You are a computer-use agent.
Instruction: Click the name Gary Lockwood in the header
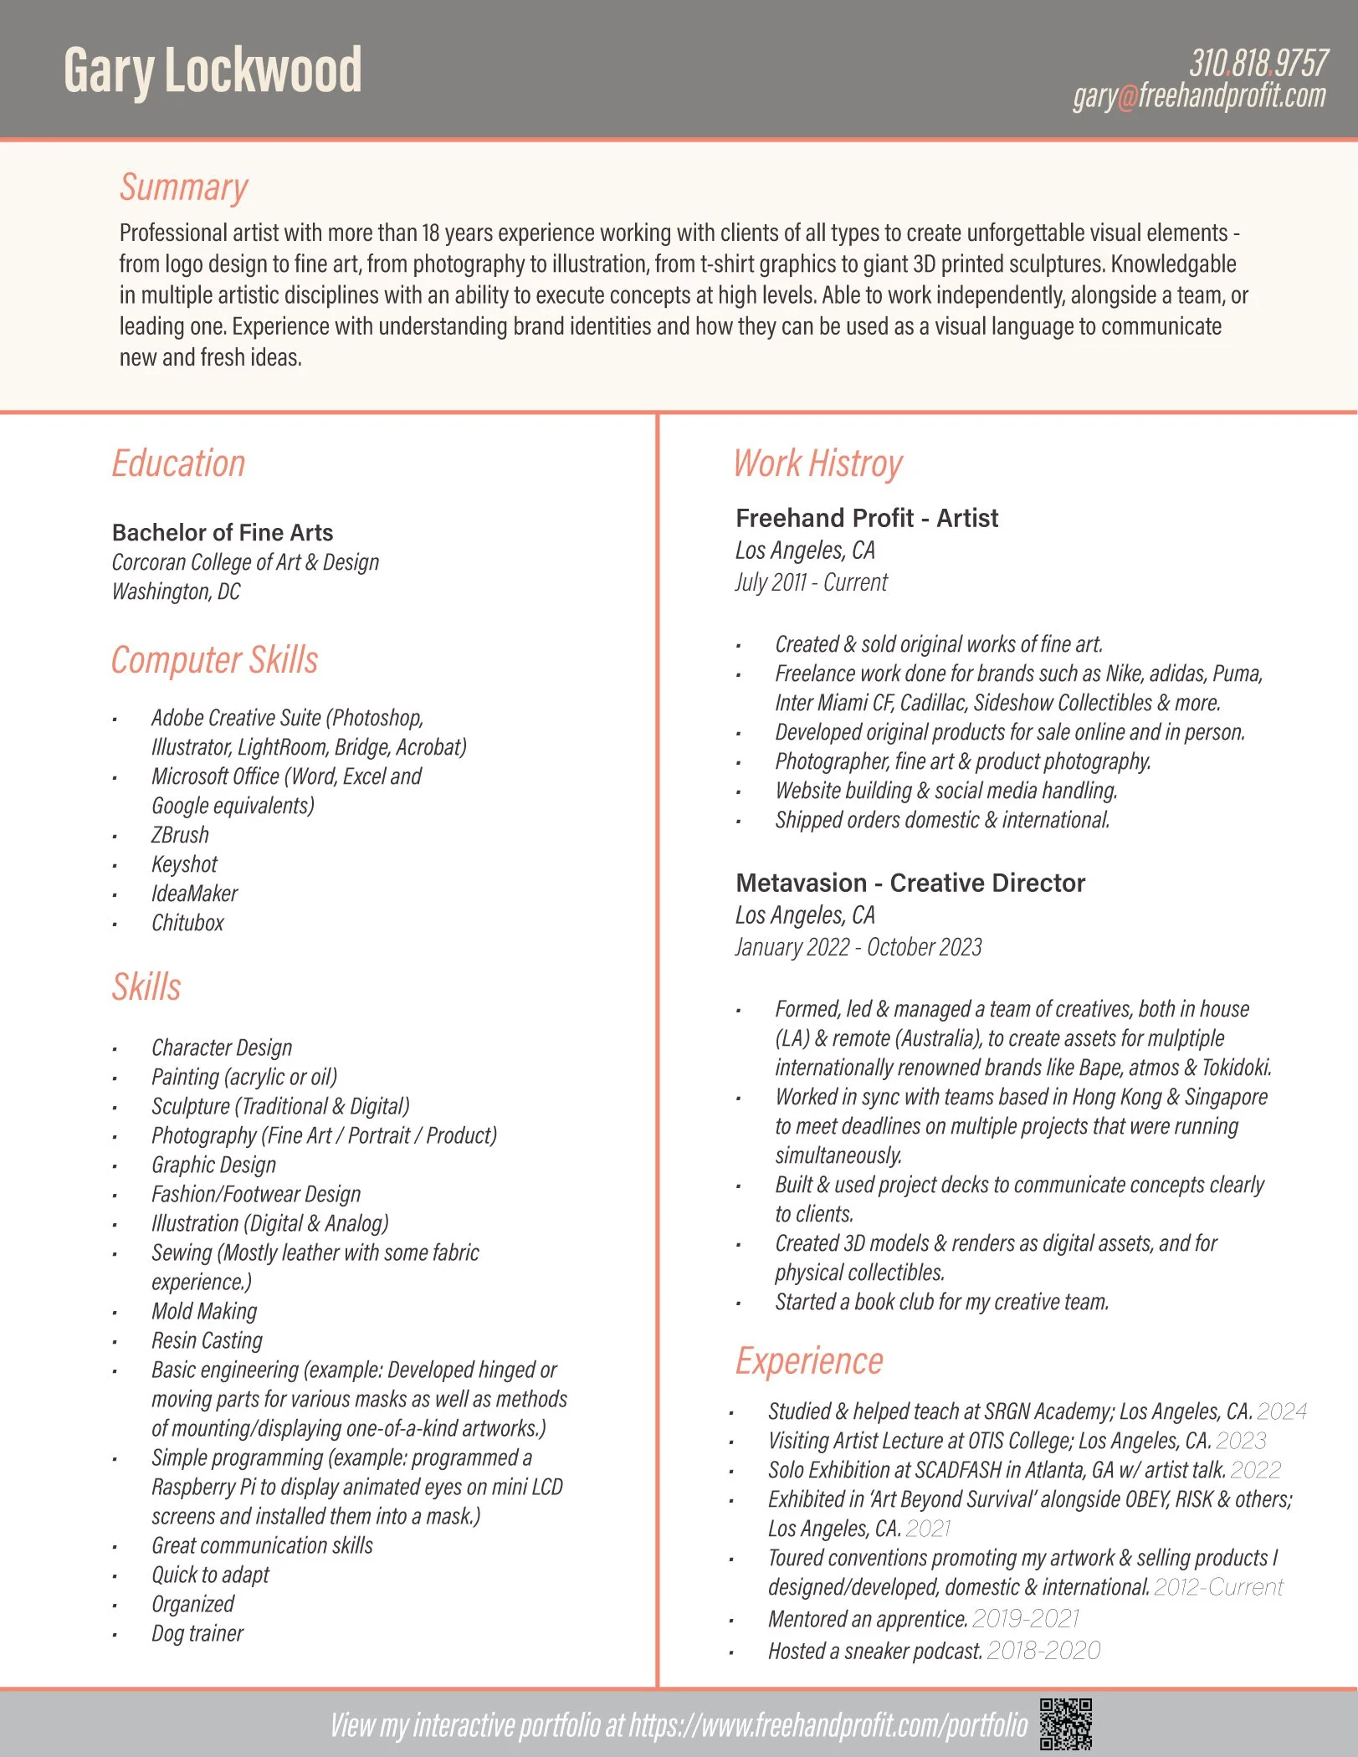(x=213, y=70)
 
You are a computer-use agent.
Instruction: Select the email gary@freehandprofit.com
(x=1199, y=96)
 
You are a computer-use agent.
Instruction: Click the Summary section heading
(x=184, y=187)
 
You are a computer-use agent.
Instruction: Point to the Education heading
(x=178, y=464)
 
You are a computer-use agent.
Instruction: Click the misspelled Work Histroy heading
(x=817, y=464)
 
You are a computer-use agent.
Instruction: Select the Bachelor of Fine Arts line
(x=223, y=532)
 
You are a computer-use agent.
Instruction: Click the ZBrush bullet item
(x=180, y=835)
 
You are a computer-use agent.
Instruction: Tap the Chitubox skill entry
(x=187, y=923)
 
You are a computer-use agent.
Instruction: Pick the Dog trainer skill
(x=197, y=1633)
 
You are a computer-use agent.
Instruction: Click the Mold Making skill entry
(x=204, y=1311)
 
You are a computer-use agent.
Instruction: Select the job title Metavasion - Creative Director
(x=910, y=883)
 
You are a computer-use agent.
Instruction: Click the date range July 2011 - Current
(x=811, y=582)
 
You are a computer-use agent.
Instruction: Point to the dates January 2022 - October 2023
(x=858, y=947)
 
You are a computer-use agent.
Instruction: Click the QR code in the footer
(x=1065, y=1724)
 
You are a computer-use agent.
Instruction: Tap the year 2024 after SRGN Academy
(x=1281, y=1411)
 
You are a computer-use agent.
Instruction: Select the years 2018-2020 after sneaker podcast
(x=1043, y=1650)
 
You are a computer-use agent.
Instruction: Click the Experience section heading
(x=809, y=1361)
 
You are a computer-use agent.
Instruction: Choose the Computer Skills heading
(x=215, y=660)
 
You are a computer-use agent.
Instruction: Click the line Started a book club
(x=941, y=1302)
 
